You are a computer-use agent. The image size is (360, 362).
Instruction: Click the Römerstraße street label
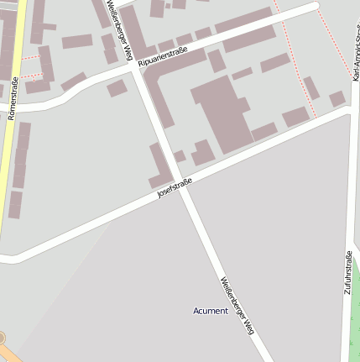coord(13,97)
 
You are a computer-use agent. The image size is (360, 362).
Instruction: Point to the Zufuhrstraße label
coord(347,271)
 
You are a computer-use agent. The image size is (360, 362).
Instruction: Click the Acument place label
coord(211,311)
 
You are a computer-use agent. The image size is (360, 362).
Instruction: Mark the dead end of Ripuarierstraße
coord(316,6)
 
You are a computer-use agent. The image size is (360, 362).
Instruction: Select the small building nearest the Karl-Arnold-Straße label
coord(337,98)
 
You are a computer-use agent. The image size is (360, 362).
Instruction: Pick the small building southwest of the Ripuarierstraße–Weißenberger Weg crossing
coord(117,88)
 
